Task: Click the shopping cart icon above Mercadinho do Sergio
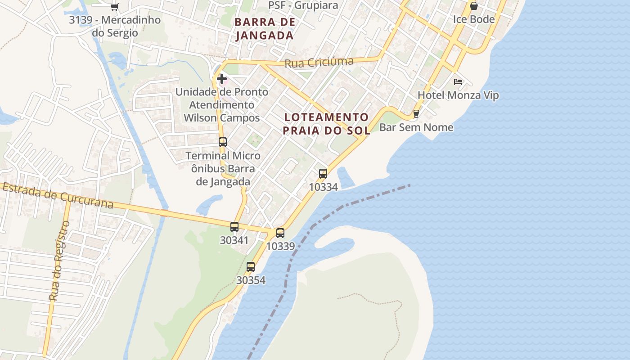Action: click(x=114, y=7)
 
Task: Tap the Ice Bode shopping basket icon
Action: click(x=473, y=6)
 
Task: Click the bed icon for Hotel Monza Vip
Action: click(x=458, y=82)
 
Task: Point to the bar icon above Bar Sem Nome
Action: click(x=416, y=113)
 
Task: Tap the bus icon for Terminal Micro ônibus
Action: click(x=222, y=142)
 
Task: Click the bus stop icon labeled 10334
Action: click(x=323, y=174)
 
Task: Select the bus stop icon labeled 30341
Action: click(x=234, y=227)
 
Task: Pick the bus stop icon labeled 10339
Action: click(x=280, y=233)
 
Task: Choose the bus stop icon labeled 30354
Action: click(x=251, y=267)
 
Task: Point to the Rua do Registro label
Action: click(x=59, y=261)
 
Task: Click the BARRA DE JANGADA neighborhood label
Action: click(x=265, y=28)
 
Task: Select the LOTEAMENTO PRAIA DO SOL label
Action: click(x=327, y=124)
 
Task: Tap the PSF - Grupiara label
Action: click(x=303, y=5)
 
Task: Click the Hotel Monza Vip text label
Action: click(x=458, y=95)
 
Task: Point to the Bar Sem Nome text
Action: click(x=416, y=127)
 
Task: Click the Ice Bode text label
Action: click(x=473, y=19)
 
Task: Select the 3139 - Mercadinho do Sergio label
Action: click(x=115, y=27)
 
